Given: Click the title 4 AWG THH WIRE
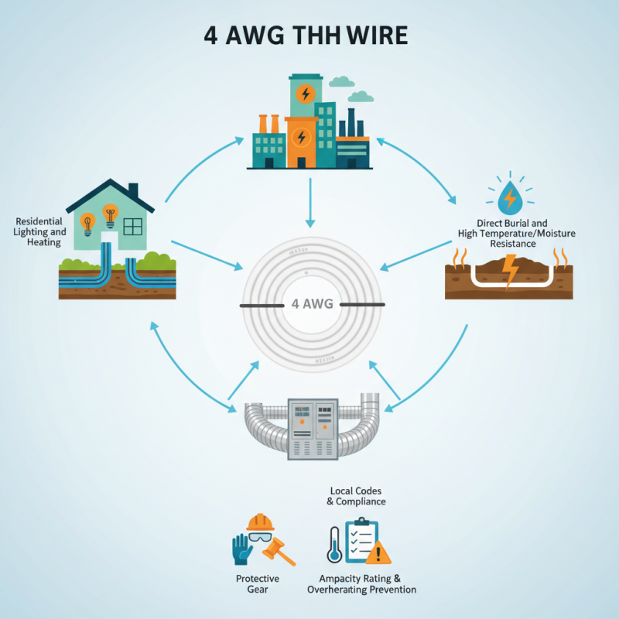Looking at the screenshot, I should [309, 36].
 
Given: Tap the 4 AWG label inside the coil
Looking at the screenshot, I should [313, 304].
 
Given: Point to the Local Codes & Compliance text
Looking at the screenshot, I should [356, 496].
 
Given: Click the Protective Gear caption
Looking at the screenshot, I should [258, 584].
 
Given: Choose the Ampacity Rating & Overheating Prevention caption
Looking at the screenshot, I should [361, 584].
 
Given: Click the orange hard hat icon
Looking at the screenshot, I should [261, 522].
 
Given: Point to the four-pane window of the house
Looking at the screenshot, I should [133, 226].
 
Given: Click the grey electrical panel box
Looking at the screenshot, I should [312, 429].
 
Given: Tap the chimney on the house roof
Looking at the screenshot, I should [133, 190].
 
